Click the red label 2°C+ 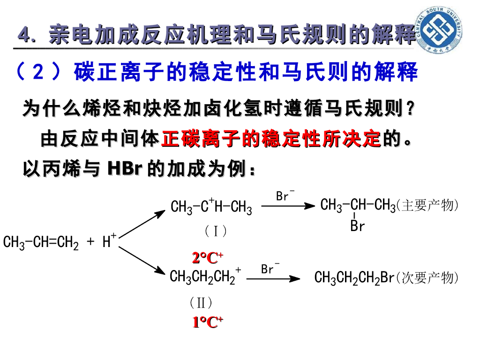click(x=208, y=257)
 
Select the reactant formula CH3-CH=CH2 click(x=41, y=243)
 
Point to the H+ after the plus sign click(x=109, y=241)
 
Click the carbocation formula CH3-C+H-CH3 click(x=211, y=206)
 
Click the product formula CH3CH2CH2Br click(x=354, y=278)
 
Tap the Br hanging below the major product click(x=357, y=226)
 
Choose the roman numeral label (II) click(x=202, y=303)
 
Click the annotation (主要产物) click(x=427, y=206)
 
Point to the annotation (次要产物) click(x=427, y=278)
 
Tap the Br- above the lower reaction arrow click(x=270, y=269)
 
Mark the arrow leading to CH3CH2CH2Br click(x=273, y=279)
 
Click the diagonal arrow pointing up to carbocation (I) click(x=142, y=224)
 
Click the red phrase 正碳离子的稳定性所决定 click(x=271, y=139)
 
